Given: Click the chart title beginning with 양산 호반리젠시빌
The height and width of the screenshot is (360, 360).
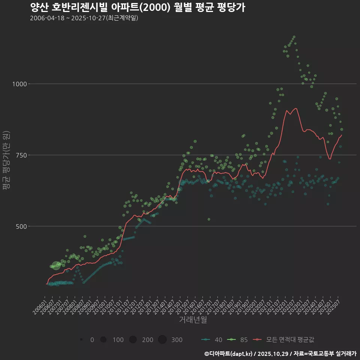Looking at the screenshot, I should pos(137,7).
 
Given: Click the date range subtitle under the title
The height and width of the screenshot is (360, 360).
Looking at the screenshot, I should pos(84,18).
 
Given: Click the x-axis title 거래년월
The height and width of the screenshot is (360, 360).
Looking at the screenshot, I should pos(193,320).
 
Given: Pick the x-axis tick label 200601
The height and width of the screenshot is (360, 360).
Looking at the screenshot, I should pos(39,305).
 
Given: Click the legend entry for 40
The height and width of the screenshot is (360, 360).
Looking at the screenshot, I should pos(211,340).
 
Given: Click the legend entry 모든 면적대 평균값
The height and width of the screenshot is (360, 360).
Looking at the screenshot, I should pos(284,340).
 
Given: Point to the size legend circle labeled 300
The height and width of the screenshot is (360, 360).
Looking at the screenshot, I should pos(162,340).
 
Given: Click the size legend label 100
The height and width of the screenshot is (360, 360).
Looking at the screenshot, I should pos(118,340).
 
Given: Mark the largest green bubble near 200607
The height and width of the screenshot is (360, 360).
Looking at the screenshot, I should pos(56,265).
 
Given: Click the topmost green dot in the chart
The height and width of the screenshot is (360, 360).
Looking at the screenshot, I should pos(294,37).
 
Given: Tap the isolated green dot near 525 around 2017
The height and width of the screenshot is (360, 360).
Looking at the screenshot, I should pos(209,219).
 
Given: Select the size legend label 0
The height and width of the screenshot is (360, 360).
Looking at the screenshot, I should pos(92,340).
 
